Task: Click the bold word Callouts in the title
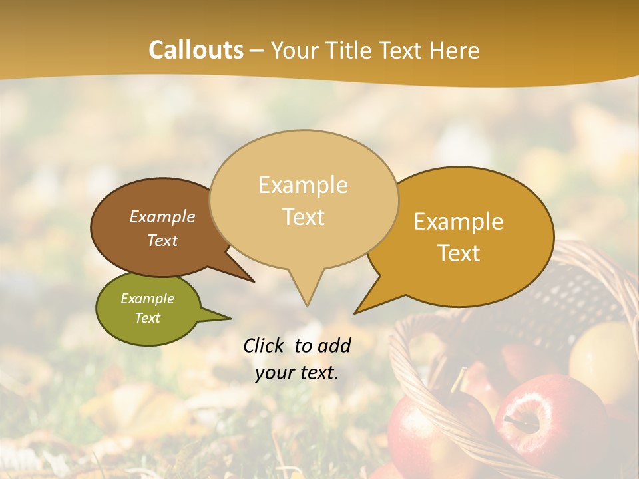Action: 196,50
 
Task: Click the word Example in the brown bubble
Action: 162,216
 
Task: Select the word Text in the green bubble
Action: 148,318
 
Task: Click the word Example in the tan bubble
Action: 303,184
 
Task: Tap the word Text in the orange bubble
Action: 459,253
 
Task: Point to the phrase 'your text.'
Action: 297,373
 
